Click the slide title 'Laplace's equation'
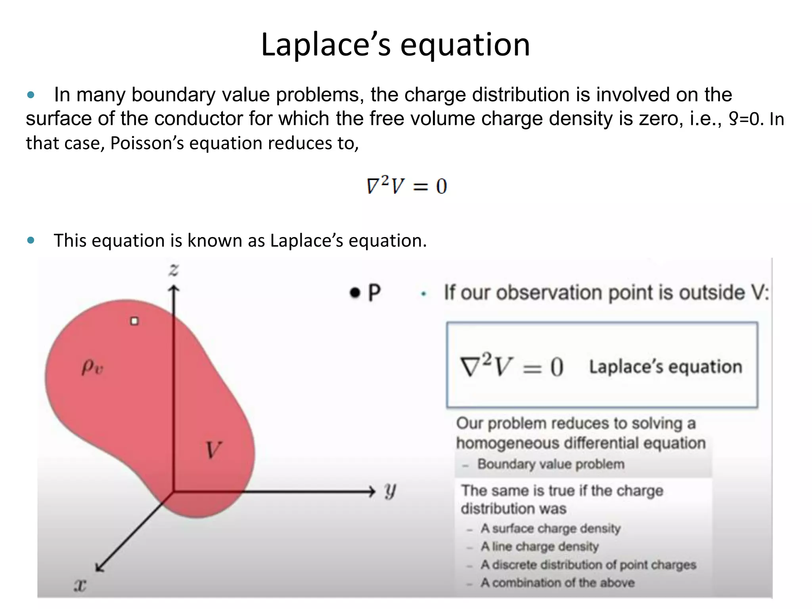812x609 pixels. pyautogui.click(x=395, y=44)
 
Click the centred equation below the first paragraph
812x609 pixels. pyautogui.click(x=407, y=186)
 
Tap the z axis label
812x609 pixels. pyautogui.click(x=174, y=270)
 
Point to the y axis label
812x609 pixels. pyautogui.click(x=390, y=492)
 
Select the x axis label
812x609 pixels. pyautogui.click(x=80, y=584)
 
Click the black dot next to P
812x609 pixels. pyautogui.click(x=355, y=293)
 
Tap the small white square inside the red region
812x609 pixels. pyautogui.click(x=134, y=321)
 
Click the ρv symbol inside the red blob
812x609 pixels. pyautogui.click(x=92, y=367)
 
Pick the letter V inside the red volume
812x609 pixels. pyautogui.click(x=213, y=450)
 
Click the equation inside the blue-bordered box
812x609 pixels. pyautogui.click(x=511, y=366)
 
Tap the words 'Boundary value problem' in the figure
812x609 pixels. pyautogui.click(x=551, y=464)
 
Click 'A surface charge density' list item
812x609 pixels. pyautogui.click(x=550, y=529)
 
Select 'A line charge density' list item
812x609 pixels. pyautogui.click(x=539, y=547)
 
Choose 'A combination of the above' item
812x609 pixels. pyautogui.click(x=557, y=583)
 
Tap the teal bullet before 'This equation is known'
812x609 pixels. pyautogui.click(x=31, y=240)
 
